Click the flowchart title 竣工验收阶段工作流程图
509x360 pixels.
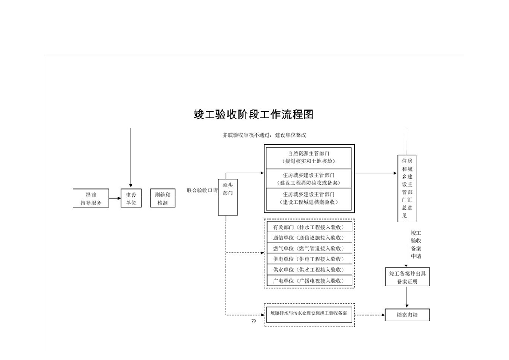tap(254, 114)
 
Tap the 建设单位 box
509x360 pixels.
tap(131, 198)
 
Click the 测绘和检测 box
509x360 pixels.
tap(162, 198)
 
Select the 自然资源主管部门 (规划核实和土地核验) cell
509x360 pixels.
tap(308, 158)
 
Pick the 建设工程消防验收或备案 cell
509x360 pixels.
tap(308, 178)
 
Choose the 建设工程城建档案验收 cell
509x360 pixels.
tap(308, 198)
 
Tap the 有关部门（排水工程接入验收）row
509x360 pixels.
tap(308, 227)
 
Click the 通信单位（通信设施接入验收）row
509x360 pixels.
tap(308, 237)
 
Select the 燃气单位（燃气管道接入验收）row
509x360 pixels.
tap(308, 248)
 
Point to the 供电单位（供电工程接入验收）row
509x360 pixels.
tap(308, 259)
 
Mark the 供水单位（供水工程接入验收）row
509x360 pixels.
tap(308, 270)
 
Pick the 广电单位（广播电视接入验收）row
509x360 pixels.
tap(308, 281)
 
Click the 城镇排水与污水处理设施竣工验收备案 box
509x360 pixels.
tap(308, 314)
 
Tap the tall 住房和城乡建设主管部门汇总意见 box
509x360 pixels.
tap(406, 187)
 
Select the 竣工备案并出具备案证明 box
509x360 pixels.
tap(406, 277)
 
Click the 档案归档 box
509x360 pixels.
tap(406, 315)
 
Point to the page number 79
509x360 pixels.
tap(253, 321)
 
